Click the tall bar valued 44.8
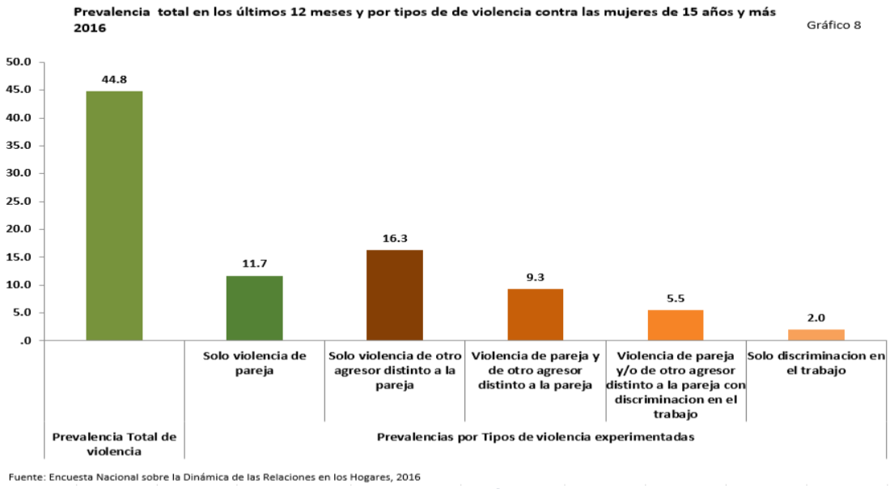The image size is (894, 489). (x=114, y=215)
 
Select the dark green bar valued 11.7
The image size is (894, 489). (x=255, y=308)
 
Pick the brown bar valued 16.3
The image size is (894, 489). (x=395, y=295)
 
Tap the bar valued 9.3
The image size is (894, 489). (x=535, y=314)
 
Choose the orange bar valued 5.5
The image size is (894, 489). (x=676, y=325)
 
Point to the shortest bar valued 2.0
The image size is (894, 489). (x=816, y=334)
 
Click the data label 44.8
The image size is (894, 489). (x=114, y=79)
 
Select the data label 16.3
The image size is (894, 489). (x=395, y=239)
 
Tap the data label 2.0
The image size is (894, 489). (x=816, y=318)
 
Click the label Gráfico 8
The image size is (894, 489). (x=833, y=25)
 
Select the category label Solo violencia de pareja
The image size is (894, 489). (x=255, y=363)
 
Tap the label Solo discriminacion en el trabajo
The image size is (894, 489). (x=816, y=363)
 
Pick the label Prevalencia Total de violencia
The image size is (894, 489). (x=114, y=444)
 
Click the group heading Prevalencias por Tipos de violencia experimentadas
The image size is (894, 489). (x=536, y=436)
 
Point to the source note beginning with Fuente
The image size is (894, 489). (x=214, y=477)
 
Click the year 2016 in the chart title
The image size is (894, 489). (x=89, y=28)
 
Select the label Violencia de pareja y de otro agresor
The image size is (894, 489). (x=535, y=370)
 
